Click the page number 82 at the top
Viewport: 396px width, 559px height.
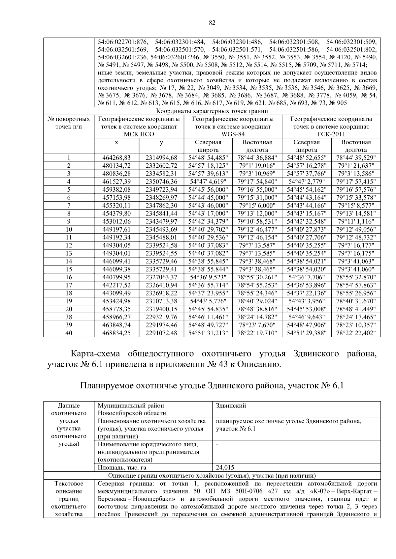tap(212, 23)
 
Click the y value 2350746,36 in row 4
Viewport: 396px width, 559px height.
tap(161, 182)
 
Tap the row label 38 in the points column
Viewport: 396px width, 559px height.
tap(69, 317)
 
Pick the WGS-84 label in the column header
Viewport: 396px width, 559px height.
tap(233, 134)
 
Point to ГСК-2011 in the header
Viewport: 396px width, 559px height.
tap(331, 134)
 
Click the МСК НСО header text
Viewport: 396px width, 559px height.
tap(139, 134)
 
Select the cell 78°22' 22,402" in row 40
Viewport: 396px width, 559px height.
tap(356, 333)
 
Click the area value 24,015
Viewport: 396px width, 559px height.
tap(225, 467)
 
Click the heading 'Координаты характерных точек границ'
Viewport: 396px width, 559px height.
tap(212, 111)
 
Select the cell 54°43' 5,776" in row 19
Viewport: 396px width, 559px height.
tap(208, 301)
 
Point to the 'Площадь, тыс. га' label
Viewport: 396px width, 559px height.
tap(122, 467)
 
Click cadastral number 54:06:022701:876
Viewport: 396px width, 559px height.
tap(123, 42)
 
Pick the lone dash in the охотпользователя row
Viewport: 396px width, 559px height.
tap(217, 444)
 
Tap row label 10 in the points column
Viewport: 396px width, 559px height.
tap(69, 229)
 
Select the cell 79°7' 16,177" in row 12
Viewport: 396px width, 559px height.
tap(356, 245)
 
